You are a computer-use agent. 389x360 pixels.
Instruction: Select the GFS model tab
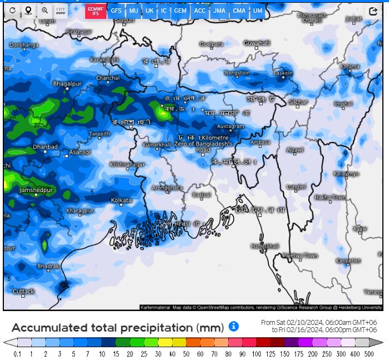point(116,11)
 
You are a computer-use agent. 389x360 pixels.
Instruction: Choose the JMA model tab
point(219,11)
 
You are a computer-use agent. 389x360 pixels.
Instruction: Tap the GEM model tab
point(180,11)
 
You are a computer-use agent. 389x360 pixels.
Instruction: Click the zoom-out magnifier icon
point(45,11)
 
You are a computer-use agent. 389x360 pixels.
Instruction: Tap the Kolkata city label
point(121,200)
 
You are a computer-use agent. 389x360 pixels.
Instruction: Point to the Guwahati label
point(257,43)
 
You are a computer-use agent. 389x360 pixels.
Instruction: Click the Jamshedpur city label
point(36,190)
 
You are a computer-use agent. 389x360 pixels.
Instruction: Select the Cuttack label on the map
point(23,291)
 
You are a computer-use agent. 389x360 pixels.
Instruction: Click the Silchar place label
point(298,102)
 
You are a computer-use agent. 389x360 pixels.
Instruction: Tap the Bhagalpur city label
point(66,83)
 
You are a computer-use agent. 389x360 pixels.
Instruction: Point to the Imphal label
point(343,104)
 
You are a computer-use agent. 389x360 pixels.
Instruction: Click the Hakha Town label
point(330,198)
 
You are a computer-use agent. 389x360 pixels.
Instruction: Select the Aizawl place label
point(295,150)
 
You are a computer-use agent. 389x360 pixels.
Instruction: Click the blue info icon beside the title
point(234,326)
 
